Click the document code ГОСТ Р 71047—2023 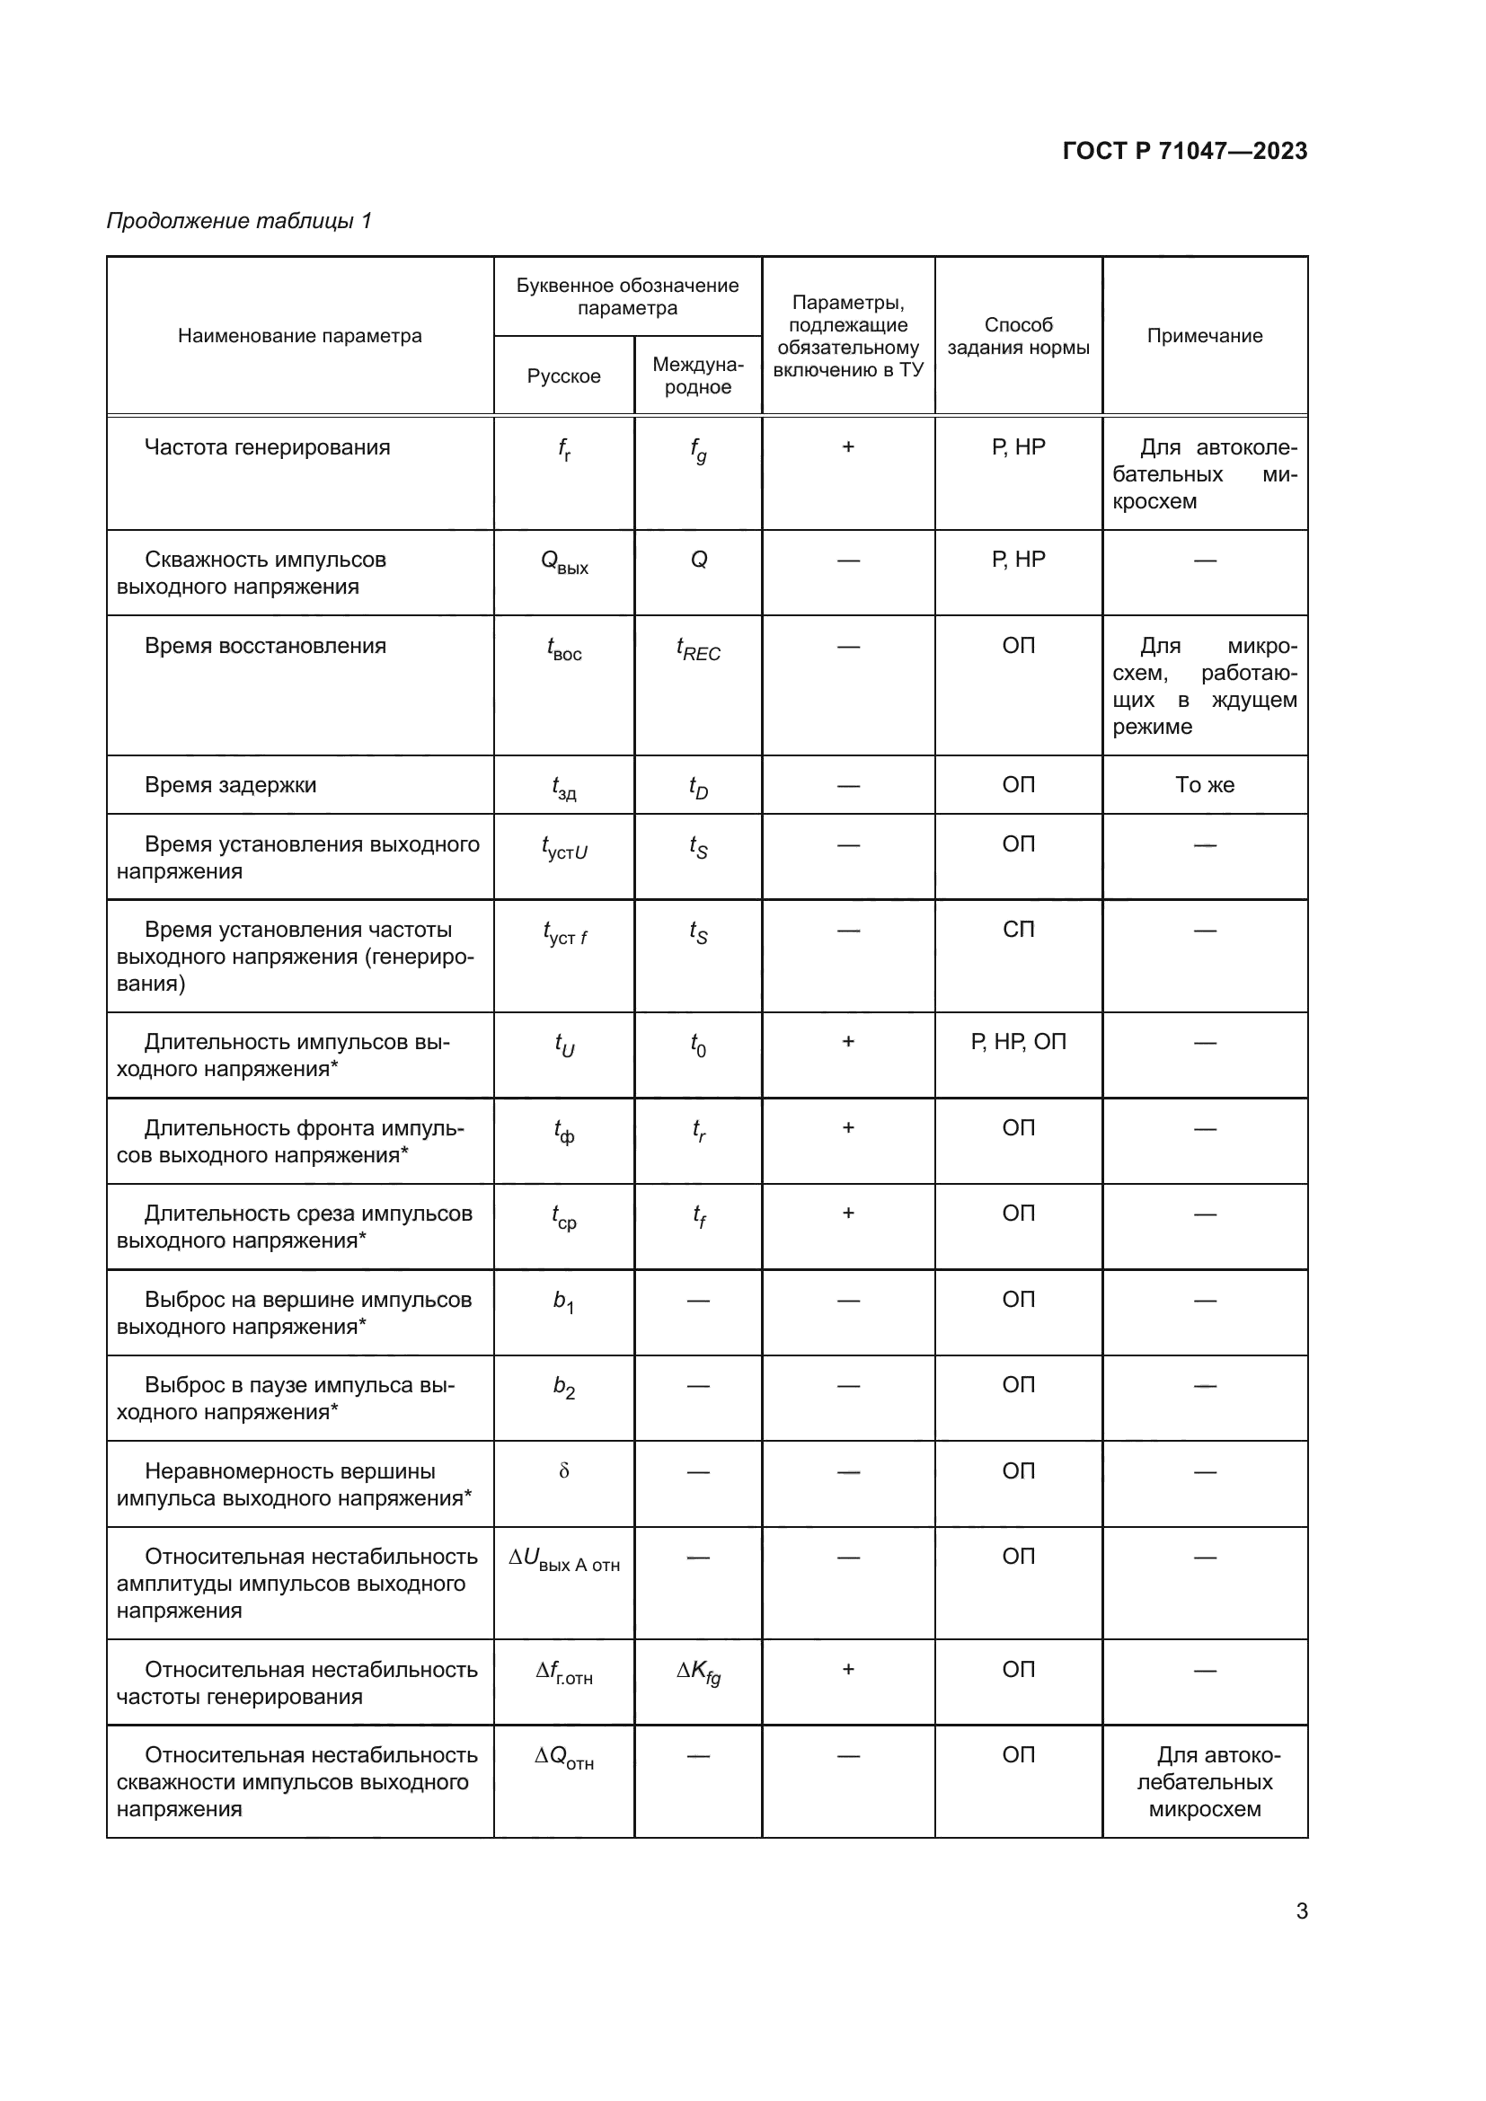click(1184, 151)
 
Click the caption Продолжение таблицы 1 click(239, 221)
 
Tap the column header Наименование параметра click(299, 336)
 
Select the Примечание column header click(1204, 336)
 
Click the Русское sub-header click(563, 376)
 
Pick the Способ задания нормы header click(1018, 336)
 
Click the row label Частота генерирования click(267, 447)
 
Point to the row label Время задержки click(231, 785)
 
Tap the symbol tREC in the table click(698, 649)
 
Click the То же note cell click(1204, 785)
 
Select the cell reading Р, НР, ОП click(1018, 1041)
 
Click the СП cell click(1018, 930)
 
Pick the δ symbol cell click(563, 1471)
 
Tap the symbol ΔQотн click(563, 1758)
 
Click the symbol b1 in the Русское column click(563, 1302)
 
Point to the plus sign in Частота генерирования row click(848, 447)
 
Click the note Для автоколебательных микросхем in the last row click(1204, 1781)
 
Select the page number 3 click(1301, 1911)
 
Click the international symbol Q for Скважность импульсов click(698, 560)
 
